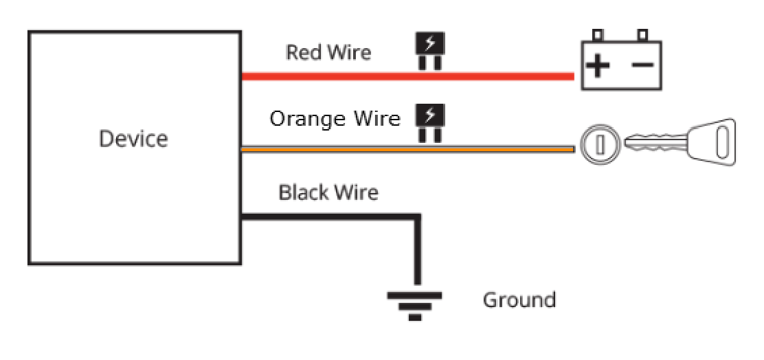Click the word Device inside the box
click(133, 139)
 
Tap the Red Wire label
click(328, 52)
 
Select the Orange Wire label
click(335, 118)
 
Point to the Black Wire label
click(328, 192)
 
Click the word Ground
click(519, 300)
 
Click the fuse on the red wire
click(430, 51)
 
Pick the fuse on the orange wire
click(430, 123)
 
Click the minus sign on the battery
click(642, 65)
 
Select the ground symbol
click(415, 306)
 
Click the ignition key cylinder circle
click(600, 145)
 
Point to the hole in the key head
click(722, 142)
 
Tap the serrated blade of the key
click(655, 142)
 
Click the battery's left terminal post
click(598, 36)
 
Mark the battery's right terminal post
click(642, 36)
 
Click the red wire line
click(408, 76)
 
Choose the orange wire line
click(408, 149)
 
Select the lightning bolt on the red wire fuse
click(429, 43)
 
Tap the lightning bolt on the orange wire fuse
click(429, 115)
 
